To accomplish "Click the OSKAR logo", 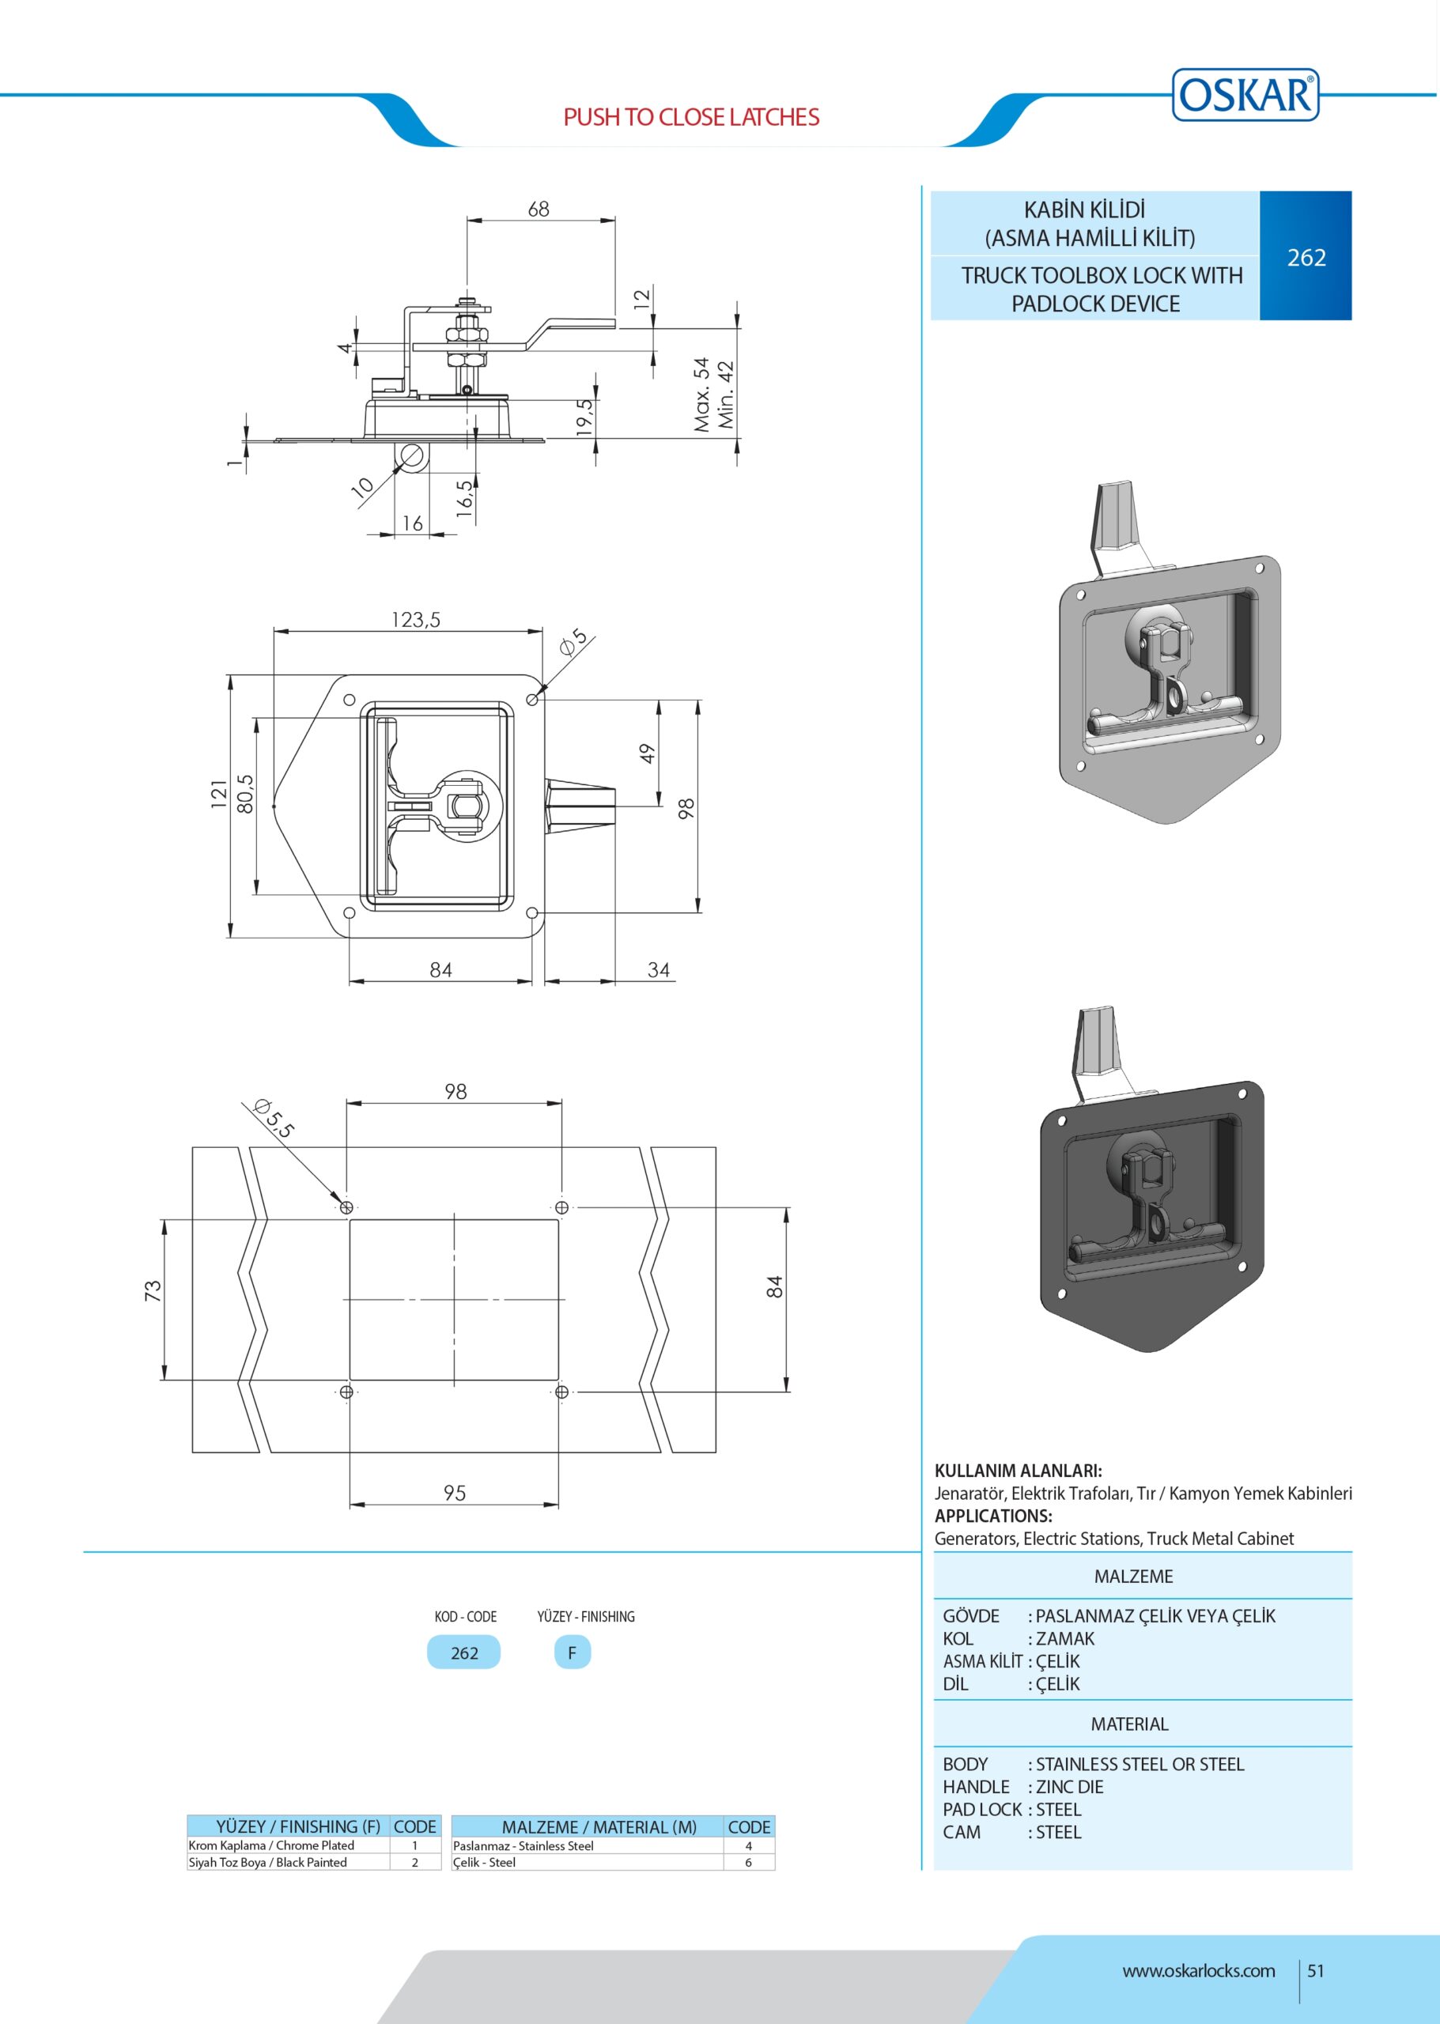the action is point(1245,94).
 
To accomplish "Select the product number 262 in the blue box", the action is point(1306,257).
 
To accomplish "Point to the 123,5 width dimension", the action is point(416,619).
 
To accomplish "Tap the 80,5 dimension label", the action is point(244,794).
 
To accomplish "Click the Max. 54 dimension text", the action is point(702,395).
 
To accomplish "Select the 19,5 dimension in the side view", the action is point(584,417).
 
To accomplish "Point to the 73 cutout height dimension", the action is point(153,1291).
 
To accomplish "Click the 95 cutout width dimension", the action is point(455,1493).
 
